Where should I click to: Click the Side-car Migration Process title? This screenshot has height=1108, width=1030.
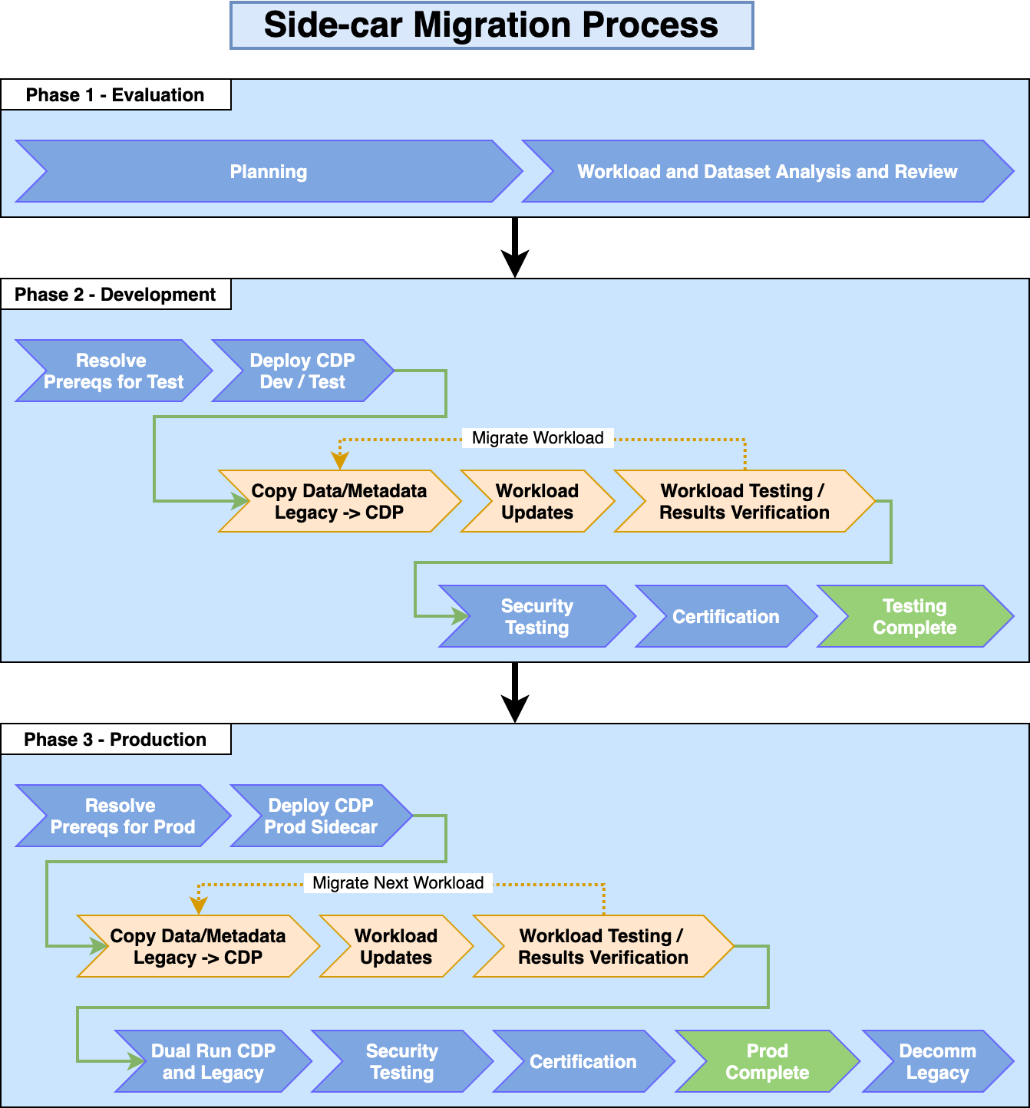(x=491, y=25)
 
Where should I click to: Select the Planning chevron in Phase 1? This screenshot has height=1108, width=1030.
(x=269, y=171)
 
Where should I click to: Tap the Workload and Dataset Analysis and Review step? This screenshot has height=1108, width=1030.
(x=767, y=171)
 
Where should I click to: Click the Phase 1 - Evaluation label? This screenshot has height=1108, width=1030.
(x=115, y=95)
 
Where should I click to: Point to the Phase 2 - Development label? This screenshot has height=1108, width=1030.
(x=115, y=295)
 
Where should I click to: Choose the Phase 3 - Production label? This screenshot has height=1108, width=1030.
(x=115, y=740)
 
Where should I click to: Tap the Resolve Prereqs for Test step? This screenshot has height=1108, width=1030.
(x=113, y=371)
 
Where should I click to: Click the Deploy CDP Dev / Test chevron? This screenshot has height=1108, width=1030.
(x=302, y=371)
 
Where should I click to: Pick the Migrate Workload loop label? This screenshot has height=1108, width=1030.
(x=537, y=438)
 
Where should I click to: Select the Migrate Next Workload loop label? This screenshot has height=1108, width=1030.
(x=398, y=883)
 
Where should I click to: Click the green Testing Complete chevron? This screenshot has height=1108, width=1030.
(x=914, y=616)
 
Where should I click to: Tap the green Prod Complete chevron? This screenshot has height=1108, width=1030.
(x=767, y=1061)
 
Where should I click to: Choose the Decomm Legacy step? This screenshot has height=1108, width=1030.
(x=937, y=1061)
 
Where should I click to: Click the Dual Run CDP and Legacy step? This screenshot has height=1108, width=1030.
(x=213, y=1061)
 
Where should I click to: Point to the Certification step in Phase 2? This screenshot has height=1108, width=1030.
(x=725, y=616)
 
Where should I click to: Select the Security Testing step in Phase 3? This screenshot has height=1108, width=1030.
(x=401, y=1061)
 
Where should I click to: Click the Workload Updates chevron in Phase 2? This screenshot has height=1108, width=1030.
(x=536, y=501)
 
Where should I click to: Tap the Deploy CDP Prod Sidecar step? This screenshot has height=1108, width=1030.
(x=321, y=816)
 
